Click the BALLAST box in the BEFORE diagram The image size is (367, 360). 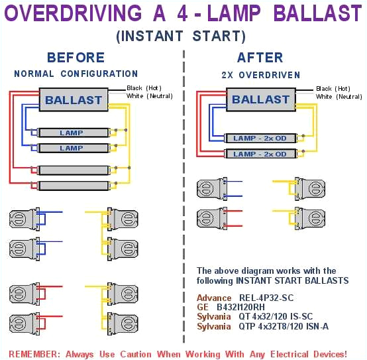[x=74, y=101]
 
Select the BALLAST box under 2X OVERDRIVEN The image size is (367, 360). [x=260, y=99]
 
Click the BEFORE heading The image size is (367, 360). [x=76, y=58]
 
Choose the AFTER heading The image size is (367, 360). [x=260, y=58]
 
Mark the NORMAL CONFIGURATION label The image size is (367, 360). [x=76, y=74]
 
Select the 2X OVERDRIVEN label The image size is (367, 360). [x=260, y=75]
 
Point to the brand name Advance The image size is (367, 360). [x=214, y=298]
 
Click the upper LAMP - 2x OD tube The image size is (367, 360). [x=260, y=138]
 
